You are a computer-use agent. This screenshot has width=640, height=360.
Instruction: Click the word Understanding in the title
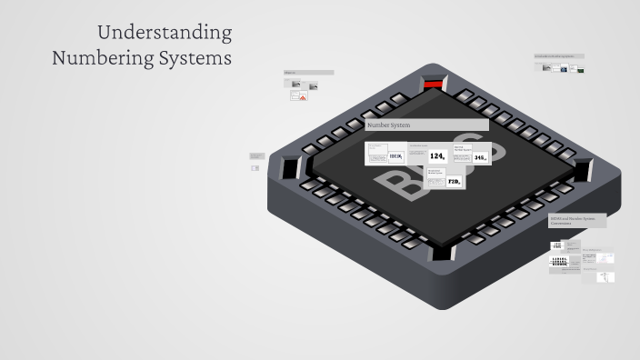tap(165, 34)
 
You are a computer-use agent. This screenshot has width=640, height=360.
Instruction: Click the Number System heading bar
tap(426, 125)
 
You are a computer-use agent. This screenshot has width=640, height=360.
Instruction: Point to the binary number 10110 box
tap(396, 156)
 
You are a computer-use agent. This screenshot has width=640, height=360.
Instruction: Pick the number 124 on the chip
tap(438, 156)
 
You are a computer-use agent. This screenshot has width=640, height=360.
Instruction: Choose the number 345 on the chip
tap(480, 157)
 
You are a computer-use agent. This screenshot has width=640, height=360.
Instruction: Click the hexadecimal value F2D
tap(455, 182)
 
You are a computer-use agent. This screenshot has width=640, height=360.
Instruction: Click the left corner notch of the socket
tap(290, 169)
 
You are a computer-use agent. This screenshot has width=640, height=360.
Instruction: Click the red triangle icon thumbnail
tap(301, 96)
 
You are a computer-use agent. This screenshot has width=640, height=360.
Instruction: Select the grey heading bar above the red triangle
tap(308, 73)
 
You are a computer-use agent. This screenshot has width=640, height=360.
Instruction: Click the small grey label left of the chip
tap(256, 155)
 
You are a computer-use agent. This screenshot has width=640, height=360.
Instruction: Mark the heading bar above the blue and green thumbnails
tap(559, 56)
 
